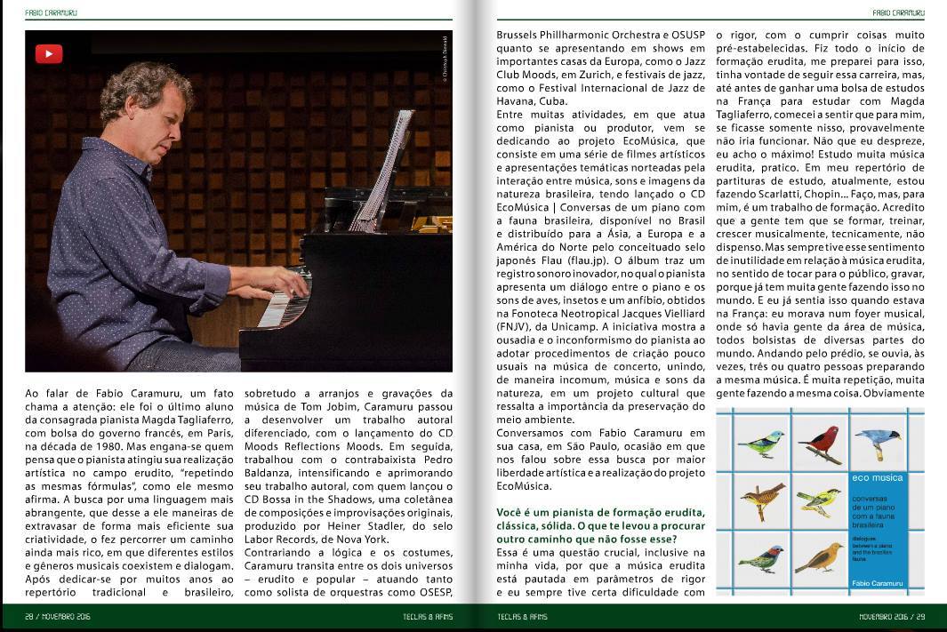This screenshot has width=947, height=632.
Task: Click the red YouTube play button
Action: (49, 54)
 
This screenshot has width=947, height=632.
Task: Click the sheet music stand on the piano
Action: (386, 169)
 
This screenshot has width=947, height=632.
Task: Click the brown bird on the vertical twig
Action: (762, 500)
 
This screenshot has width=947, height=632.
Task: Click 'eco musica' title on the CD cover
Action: (877, 478)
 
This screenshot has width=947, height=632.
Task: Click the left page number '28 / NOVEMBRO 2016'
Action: (59, 617)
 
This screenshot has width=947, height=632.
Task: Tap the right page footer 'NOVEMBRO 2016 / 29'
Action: (892, 617)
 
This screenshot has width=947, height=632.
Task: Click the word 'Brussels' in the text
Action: (519, 36)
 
